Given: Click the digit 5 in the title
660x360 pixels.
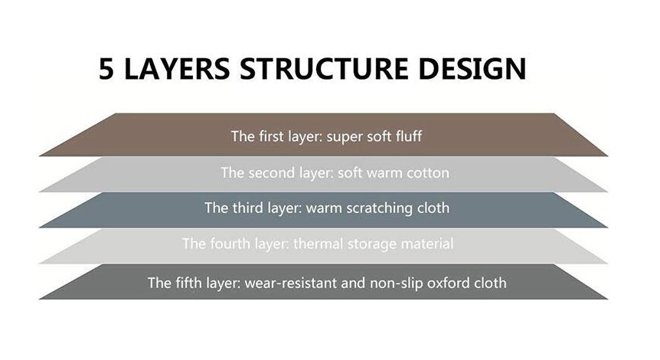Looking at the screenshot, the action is [x=106, y=69].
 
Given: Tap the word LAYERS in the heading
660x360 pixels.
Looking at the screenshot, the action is [x=177, y=69].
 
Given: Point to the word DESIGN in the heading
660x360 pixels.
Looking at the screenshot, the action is [x=472, y=69].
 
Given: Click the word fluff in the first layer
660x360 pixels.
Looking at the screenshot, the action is [x=407, y=136].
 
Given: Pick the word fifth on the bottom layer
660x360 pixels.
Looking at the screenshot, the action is [x=188, y=282].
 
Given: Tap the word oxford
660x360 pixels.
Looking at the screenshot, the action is [x=449, y=282].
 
